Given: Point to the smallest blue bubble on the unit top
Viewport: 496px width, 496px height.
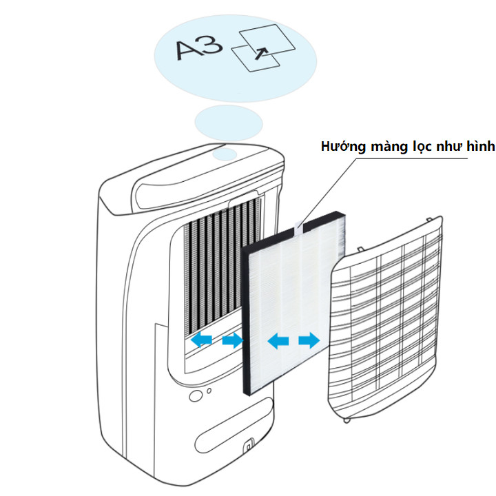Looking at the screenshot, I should coord(225,155).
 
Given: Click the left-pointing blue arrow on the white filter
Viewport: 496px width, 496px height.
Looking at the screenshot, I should coord(278,340).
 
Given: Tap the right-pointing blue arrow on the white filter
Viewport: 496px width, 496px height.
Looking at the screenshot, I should coord(309,340).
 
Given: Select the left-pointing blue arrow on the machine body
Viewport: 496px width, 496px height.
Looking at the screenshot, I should coord(202,340).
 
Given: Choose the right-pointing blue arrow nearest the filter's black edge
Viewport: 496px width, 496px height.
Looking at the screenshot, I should coord(233,340).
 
